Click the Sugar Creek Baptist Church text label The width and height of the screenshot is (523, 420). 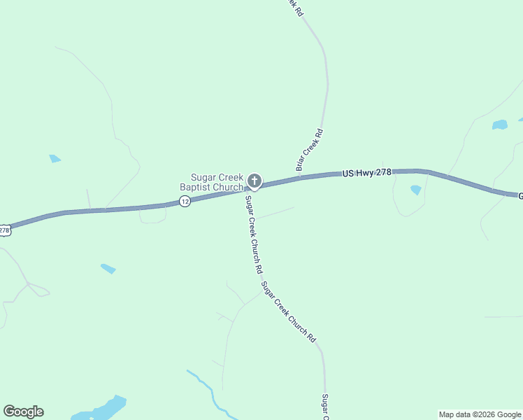tap(211, 182)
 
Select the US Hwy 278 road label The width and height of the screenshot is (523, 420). tap(366, 172)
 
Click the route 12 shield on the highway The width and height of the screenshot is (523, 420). tap(185, 202)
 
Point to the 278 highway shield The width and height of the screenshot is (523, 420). tap(4, 230)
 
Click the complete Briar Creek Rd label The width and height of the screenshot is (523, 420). tap(309, 150)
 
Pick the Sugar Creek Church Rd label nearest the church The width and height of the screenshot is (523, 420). tap(253, 234)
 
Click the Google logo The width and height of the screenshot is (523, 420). tap(23, 412)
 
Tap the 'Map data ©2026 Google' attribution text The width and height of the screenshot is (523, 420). tap(480, 414)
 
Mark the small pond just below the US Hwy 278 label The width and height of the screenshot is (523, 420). tap(416, 190)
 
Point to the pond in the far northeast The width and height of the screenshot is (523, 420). tap(499, 125)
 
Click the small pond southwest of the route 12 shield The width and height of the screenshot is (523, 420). tap(108, 268)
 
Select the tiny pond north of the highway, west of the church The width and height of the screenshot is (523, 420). tap(55, 159)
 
